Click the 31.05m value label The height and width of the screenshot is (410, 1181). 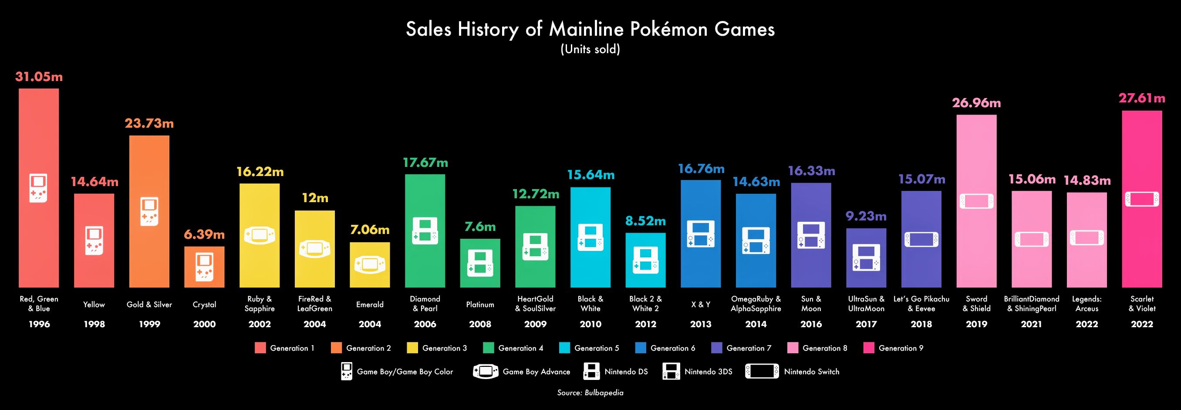click(x=39, y=77)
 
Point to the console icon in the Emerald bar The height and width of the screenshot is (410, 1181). click(x=370, y=264)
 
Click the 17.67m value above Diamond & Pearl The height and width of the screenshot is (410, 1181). click(x=425, y=163)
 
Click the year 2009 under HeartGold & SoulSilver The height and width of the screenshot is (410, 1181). click(x=535, y=324)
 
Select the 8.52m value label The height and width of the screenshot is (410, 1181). click(x=645, y=221)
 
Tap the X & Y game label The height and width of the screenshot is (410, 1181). click(x=701, y=305)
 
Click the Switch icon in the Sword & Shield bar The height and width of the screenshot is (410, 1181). click(x=976, y=201)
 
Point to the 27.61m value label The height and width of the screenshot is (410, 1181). click(x=1141, y=98)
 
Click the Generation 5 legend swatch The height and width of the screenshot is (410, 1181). click(x=565, y=348)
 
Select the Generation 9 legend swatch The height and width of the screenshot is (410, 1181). click(x=869, y=348)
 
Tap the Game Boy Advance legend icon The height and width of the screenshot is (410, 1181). click(x=486, y=372)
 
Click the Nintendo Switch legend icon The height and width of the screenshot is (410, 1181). click(x=762, y=372)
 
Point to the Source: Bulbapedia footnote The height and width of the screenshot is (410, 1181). click(x=590, y=393)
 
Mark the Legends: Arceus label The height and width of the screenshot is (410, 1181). click(x=1087, y=304)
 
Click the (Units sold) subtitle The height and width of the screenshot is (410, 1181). click(x=590, y=49)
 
